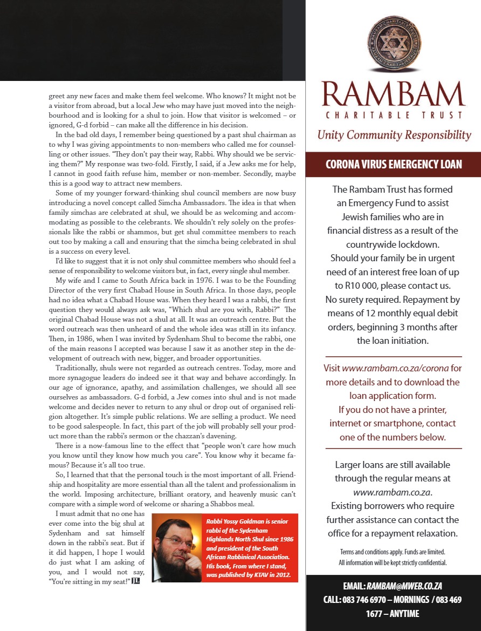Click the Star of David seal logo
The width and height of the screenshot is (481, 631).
coord(393,45)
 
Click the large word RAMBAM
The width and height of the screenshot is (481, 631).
coord(393,94)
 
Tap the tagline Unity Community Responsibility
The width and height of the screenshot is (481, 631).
coord(394,135)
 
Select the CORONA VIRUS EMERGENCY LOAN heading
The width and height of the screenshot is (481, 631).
coord(394,164)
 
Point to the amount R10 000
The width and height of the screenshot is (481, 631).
coord(356,285)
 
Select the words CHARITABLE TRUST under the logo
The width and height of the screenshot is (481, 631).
coord(394,115)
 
